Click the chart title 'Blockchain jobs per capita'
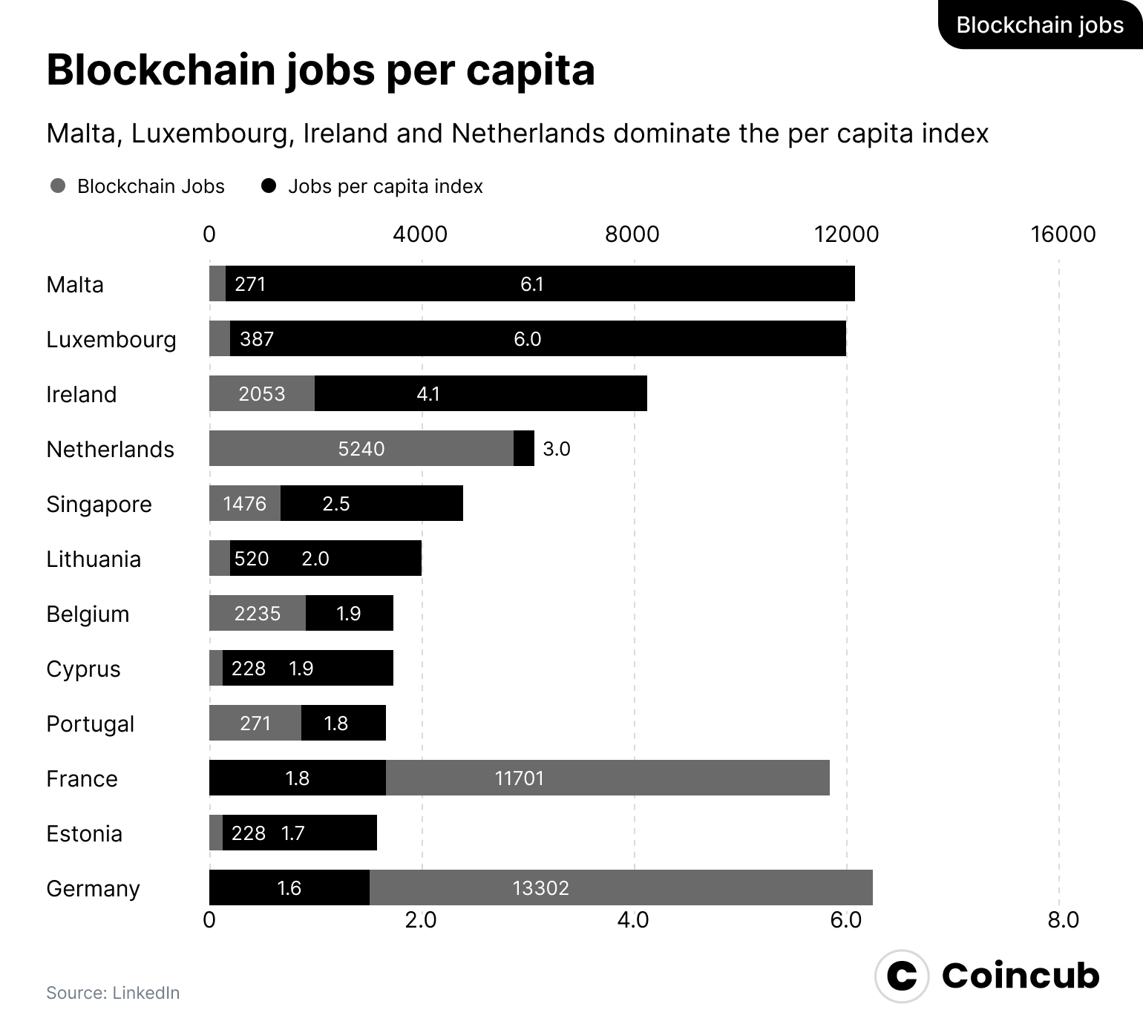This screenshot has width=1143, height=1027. click(320, 71)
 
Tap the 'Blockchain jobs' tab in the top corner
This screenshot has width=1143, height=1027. click(1039, 25)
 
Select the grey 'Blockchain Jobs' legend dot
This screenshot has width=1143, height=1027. click(58, 186)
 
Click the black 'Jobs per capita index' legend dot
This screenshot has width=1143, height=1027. click(269, 186)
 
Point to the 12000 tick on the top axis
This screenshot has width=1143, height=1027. click(846, 234)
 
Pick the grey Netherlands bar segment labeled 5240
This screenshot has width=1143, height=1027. click(361, 448)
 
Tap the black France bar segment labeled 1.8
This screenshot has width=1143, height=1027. click(297, 778)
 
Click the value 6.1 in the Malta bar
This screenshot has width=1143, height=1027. click(532, 284)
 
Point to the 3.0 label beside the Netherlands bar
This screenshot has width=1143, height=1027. click(557, 449)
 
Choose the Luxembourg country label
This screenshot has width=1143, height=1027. click(111, 340)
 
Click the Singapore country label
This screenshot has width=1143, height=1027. click(99, 505)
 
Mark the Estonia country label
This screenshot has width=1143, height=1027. click(84, 834)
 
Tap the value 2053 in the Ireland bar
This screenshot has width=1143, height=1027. click(261, 394)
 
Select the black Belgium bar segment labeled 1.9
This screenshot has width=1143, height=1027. click(349, 613)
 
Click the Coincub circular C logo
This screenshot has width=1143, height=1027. click(902, 976)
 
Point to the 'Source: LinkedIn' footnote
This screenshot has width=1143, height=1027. click(113, 993)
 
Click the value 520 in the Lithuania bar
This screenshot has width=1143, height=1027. click(252, 559)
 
